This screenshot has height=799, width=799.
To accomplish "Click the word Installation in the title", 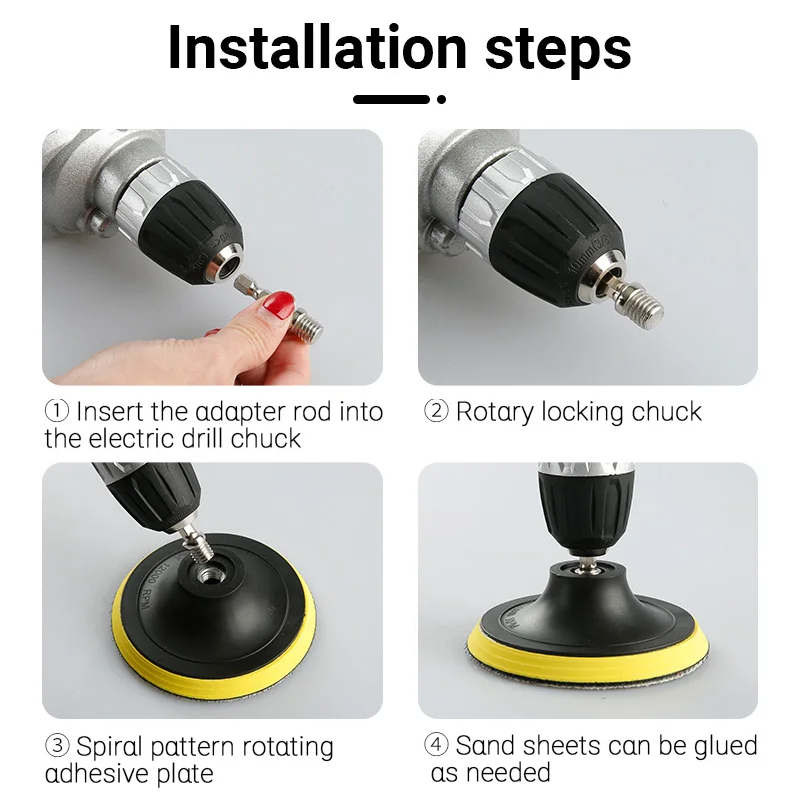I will coord(317,47).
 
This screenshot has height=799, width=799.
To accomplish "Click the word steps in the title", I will coord(558,47).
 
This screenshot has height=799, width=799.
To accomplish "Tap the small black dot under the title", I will coord(441,99).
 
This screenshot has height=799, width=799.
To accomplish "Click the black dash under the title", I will coord(392,99).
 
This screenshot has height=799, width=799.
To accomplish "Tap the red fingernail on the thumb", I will coord(281,303).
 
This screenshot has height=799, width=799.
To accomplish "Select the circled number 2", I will coord(436,412).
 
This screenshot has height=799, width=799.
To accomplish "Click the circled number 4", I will coord(436,746).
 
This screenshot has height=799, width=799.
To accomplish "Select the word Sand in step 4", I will coord(486,746).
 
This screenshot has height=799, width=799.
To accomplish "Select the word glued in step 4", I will coord(718,746).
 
